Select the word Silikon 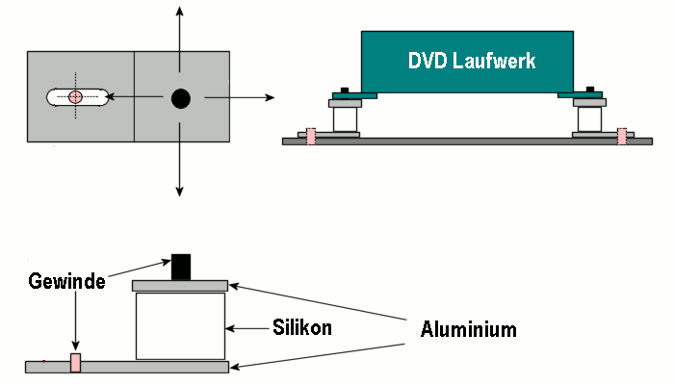click(x=302, y=328)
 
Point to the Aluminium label click(x=469, y=329)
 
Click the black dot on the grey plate click(x=180, y=97)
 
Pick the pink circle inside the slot click(x=75, y=96)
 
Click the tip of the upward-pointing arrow click(x=179, y=9)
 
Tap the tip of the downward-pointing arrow click(x=179, y=194)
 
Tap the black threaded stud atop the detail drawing click(x=181, y=267)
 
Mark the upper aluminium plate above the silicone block click(x=181, y=285)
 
